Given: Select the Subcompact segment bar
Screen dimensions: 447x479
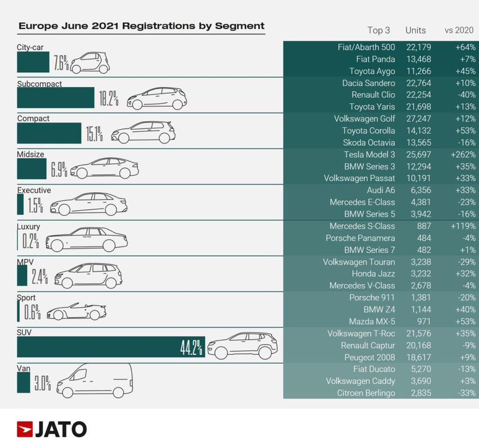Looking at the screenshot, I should (56, 98).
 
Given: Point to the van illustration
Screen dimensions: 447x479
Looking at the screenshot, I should (94, 381).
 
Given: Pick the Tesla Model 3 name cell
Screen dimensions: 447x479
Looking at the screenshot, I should (369, 154).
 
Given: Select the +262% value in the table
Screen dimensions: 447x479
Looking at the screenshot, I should (463, 154).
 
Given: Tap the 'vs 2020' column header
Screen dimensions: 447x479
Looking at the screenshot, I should (459, 30).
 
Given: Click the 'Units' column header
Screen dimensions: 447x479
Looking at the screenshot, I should (415, 30).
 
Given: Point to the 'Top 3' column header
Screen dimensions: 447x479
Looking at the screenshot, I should (379, 30).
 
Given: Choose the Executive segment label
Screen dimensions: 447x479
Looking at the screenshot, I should (34, 190).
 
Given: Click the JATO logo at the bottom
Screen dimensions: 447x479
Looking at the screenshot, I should (51, 429).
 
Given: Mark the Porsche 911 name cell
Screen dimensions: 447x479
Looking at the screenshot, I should (372, 297).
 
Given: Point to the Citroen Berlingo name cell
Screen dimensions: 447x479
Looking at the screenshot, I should (366, 393).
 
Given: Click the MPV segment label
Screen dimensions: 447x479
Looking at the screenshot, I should (25, 262).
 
